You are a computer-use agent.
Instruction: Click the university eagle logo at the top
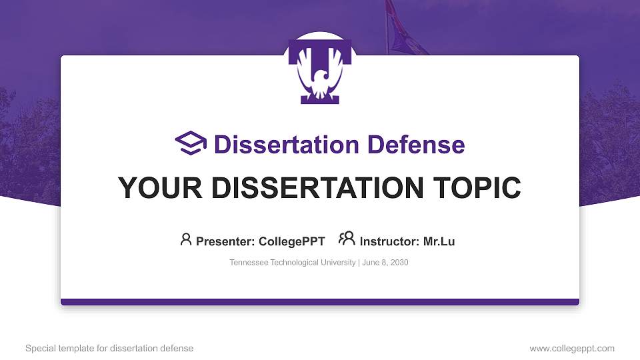click(x=319, y=71)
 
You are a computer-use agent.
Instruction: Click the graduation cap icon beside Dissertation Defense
click(x=191, y=144)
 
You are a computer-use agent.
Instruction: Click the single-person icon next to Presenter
click(x=186, y=239)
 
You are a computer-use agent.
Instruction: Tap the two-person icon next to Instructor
click(x=347, y=239)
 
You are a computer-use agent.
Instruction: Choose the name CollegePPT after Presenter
click(x=291, y=241)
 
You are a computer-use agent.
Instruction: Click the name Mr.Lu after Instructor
click(x=439, y=241)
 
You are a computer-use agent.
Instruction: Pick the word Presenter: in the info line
click(x=223, y=241)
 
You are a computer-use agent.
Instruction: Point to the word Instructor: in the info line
click(x=389, y=241)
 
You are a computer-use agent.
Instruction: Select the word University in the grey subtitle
click(x=338, y=263)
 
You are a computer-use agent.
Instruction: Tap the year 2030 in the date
click(x=398, y=263)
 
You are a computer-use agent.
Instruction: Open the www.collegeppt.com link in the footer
click(x=572, y=349)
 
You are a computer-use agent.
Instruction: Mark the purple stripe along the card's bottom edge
click(x=320, y=302)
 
